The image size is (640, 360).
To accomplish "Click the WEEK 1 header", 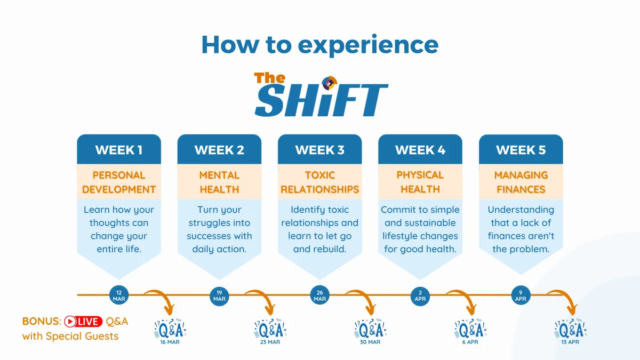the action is click(119, 149).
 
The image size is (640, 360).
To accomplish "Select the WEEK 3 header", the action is click(319, 149).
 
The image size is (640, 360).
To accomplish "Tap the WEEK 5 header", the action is click(521, 149).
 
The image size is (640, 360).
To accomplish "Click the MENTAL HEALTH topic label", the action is click(219, 182).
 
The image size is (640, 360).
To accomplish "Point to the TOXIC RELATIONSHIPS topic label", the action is click(319, 182).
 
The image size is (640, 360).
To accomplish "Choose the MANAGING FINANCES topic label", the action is click(521, 182).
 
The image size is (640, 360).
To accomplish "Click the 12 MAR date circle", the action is click(119, 295).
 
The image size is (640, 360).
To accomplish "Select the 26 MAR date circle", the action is click(319, 295).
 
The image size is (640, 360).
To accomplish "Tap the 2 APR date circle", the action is click(420, 295).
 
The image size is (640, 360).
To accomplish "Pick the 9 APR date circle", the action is click(521, 295).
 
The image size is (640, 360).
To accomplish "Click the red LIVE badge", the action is click(83, 322).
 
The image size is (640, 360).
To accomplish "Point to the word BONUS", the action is click(42, 322).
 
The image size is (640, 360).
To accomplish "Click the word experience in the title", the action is click(369, 45).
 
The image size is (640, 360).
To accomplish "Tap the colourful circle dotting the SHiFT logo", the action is click(330, 83).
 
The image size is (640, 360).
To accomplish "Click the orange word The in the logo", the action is click(270, 78).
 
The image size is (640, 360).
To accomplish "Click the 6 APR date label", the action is click(470, 342).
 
